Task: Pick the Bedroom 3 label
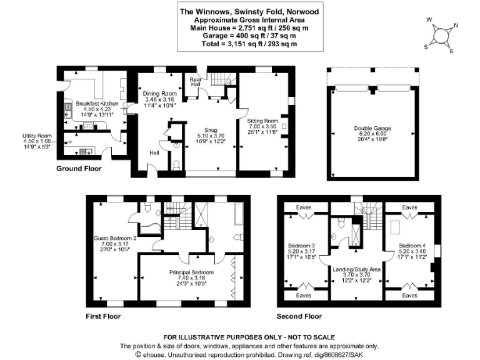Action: tap(303, 245)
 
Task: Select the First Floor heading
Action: tap(103, 316)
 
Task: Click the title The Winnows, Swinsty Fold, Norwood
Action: tap(240, 11)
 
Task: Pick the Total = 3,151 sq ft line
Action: tap(240, 44)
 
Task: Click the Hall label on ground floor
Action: tap(154, 152)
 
